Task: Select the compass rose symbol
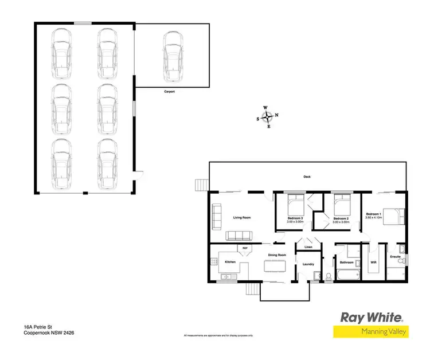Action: point(268,117)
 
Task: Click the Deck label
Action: point(307,177)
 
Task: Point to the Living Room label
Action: point(242,218)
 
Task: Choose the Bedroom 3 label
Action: point(295,218)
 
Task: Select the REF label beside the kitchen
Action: point(245,248)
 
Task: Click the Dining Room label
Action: point(277,255)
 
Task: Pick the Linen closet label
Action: point(308,248)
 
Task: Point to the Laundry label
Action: point(308,264)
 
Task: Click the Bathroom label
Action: point(346,263)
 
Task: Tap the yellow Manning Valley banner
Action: point(371,331)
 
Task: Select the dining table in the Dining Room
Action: point(275,266)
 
